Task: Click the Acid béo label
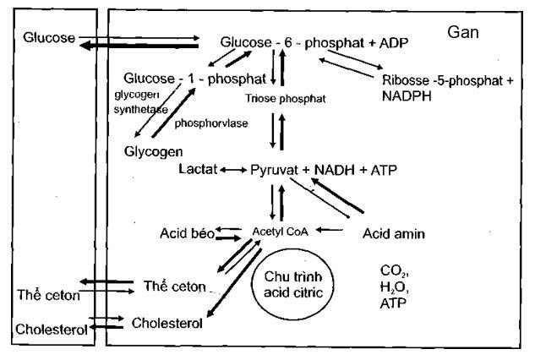(184, 231)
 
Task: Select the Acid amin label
(393, 232)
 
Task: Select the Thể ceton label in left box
(47, 295)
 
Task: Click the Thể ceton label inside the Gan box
(174, 286)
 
